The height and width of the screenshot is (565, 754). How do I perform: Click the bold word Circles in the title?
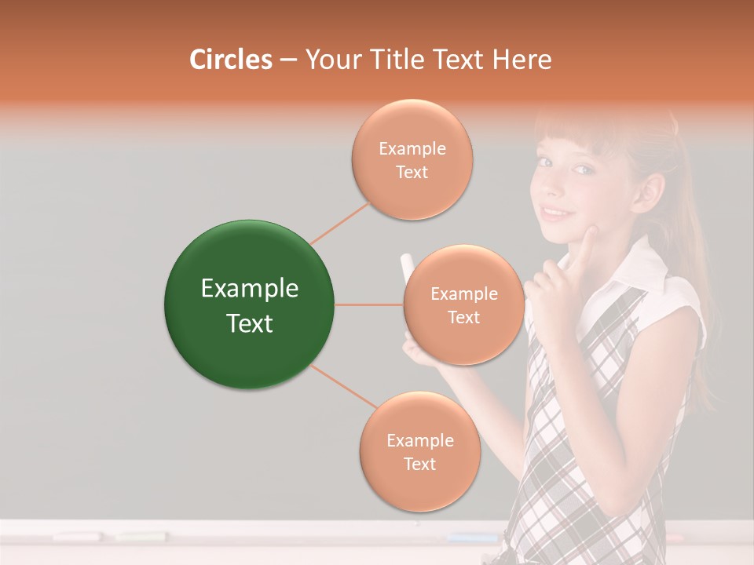point(230,60)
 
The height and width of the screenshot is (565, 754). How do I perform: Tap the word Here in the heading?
point(522,60)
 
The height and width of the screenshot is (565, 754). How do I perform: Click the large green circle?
point(249,304)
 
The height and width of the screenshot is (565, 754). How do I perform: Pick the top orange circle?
point(412,160)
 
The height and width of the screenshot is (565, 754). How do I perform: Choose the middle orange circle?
point(463,305)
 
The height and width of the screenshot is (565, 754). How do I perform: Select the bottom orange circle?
point(419,451)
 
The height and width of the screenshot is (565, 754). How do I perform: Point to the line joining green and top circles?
point(340,222)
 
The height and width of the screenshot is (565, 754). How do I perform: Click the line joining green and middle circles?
point(369,304)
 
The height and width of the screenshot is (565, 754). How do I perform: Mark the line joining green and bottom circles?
point(344,387)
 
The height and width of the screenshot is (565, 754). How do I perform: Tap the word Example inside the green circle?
point(249,289)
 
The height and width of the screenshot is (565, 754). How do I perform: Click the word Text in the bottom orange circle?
point(419,464)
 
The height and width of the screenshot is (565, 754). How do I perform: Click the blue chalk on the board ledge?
point(472,538)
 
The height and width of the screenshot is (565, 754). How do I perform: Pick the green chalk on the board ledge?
point(141,537)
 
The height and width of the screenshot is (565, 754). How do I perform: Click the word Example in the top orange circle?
point(412,148)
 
